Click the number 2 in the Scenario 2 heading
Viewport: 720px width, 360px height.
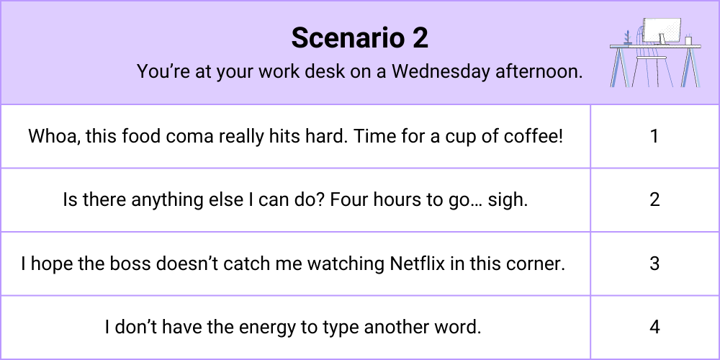tap(420, 37)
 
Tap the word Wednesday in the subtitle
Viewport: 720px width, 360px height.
tap(441, 71)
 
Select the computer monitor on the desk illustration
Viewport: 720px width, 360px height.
tap(662, 31)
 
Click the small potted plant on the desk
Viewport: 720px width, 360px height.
tap(627, 37)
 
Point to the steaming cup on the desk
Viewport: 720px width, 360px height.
tap(688, 40)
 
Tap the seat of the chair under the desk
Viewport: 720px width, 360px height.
tap(649, 58)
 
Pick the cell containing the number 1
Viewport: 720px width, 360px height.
tap(654, 136)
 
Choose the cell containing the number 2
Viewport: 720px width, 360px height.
tap(654, 199)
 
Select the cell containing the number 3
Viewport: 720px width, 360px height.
tap(654, 264)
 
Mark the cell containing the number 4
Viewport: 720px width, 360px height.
tap(654, 328)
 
